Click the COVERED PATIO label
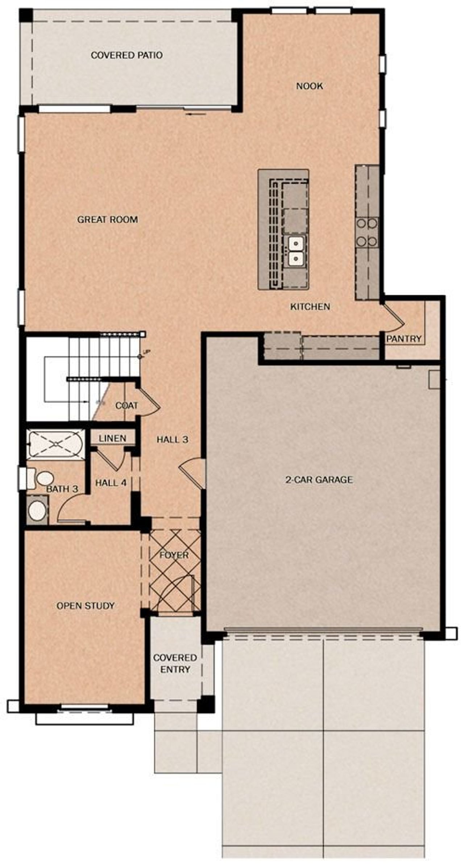click(x=126, y=55)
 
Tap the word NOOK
click(x=309, y=86)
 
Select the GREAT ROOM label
click(x=107, y=219)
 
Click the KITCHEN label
click(x=310, y=306)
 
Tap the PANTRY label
click(x=403, y=339)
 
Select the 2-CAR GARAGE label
click(x=319, y=480)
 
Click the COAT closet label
click(x=127, y=405)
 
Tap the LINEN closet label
click(x=112, y=438)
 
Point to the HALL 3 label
click(x=172, y=439)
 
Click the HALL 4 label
click(x=111, y=483)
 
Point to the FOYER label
click(x=174, y=555)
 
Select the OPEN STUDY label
click(x=86, y=605)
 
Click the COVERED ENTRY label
click(x=175, y=663)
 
